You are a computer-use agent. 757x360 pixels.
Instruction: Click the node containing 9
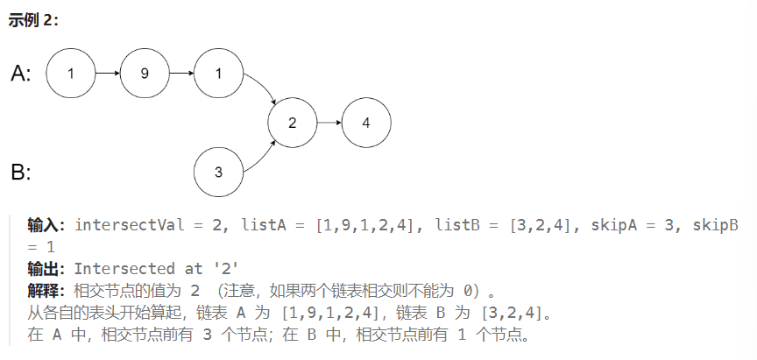(x=145, y=74)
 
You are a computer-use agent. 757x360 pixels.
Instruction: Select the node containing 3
(x=218, y=171)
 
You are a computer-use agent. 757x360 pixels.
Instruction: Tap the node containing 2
(x=293, y=123)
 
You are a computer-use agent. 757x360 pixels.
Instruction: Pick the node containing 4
(x=365, y=123)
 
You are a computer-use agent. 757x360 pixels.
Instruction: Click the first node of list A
(x=70, y=74)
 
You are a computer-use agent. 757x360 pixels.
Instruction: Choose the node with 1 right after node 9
(x=218, y=74)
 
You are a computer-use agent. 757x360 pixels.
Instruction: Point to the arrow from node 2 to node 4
(x=329, y=123)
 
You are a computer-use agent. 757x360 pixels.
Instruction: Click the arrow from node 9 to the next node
(x=181, y=74)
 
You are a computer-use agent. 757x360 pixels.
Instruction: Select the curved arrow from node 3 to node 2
(x=261, y=159)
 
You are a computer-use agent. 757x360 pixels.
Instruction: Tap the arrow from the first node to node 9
(x=108, y=74)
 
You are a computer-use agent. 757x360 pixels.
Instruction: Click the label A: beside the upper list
(x=21, y=74)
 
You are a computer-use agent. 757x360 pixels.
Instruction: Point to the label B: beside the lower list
(x=21, y=172)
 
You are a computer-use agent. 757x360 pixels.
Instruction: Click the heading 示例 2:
(x=33, y=21)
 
